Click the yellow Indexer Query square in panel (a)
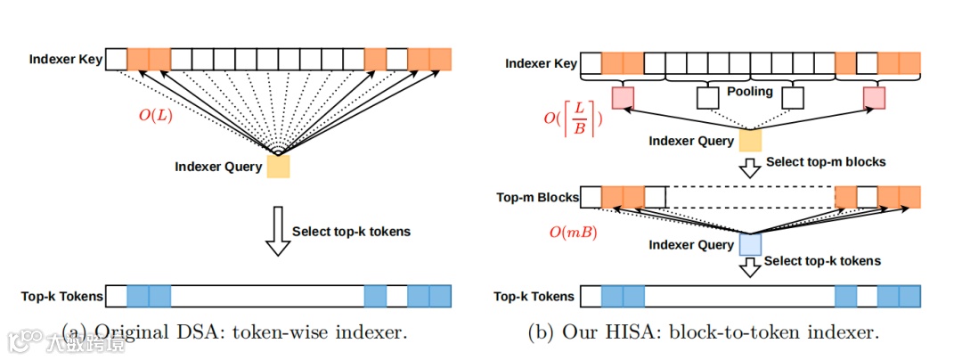[x=278, y=167]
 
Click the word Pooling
[x=750, y=92]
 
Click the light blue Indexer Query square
[x=750, y=244]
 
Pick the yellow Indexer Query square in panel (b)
[x=750, y=141]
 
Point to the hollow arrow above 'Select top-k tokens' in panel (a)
[x=279, y=231]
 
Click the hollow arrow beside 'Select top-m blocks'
[x=750, y=166]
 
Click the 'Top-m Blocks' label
[x=535, y=197]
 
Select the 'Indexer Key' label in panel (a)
[x=66, y=60]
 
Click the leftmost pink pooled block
[x=623, y=96]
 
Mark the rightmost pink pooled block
[x=874, y=96]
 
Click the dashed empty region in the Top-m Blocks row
[x=750, y=196]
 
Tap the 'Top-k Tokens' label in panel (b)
[x=535, y=296]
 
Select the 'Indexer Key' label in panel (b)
[x=541, y=63]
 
